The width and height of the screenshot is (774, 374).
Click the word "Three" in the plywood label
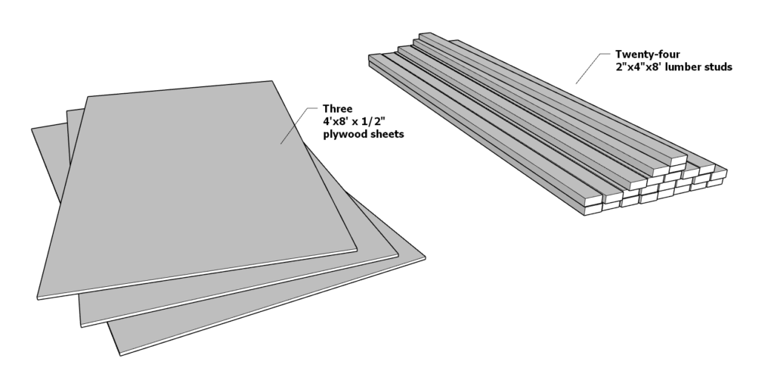(338, 108)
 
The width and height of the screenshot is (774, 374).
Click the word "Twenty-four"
(647, 55)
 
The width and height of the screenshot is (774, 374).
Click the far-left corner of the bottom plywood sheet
(32, 129)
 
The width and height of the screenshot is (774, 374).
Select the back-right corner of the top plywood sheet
(273, 80)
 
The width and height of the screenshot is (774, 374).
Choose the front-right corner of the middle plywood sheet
(398, 254)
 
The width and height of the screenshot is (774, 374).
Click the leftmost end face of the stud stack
(592, 209)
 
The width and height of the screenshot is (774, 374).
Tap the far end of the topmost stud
(425, 35)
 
